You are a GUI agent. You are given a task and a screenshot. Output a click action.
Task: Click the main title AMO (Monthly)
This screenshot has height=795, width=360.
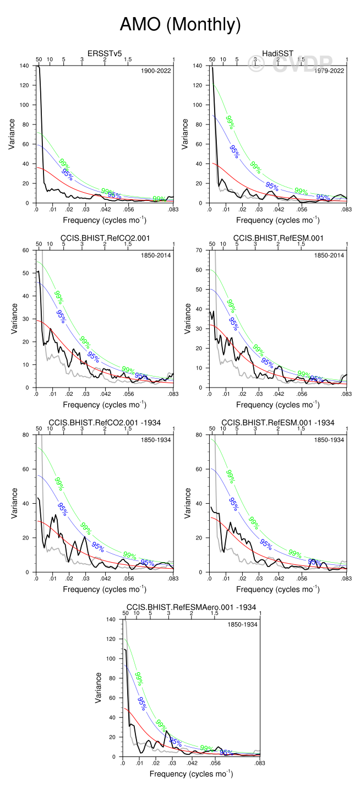pyautogui.click(x=180, y=25)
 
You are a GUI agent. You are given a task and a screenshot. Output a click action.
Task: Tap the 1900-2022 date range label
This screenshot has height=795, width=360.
pyautogui.click(x=157, y=70)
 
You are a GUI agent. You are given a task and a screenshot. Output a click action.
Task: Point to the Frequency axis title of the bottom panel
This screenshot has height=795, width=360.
pyautogui.click(x=190, y=774)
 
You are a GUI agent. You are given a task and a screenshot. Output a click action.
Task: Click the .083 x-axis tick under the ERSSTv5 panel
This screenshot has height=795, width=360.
pyautogui.click(x=173, y=209)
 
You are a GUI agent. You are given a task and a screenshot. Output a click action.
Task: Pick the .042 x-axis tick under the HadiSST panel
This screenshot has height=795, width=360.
pyautogui.click(x=278, y=209)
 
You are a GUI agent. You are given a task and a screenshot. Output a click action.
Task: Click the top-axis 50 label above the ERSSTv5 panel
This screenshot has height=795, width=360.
pyautogui.click(x=39, y=59)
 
